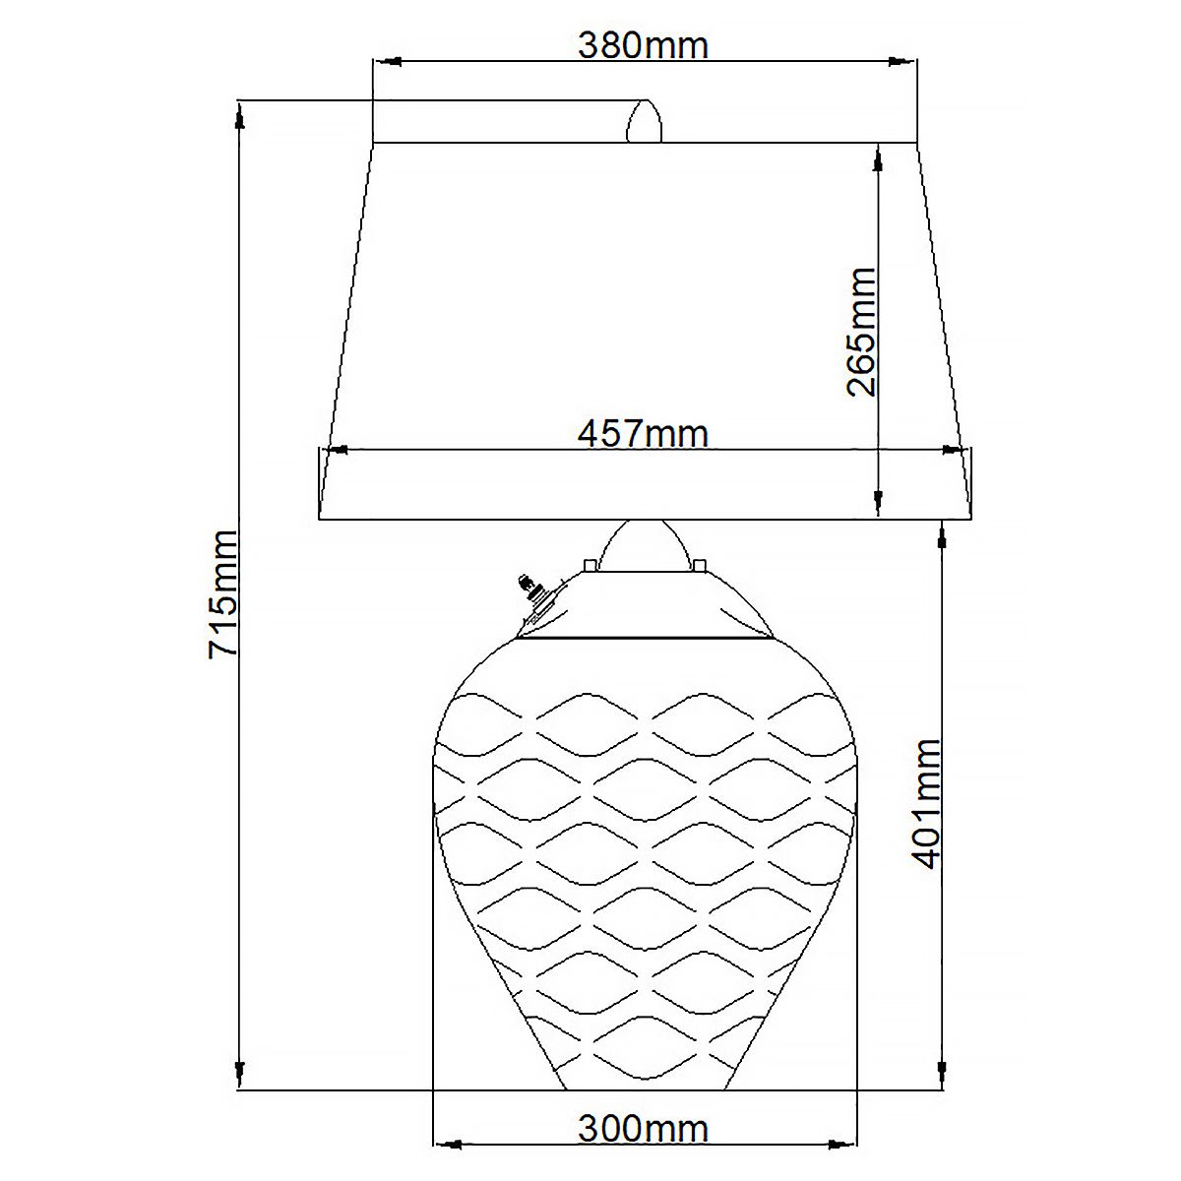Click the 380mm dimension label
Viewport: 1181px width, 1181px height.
point(643,44)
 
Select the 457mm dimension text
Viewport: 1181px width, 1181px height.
point(643,433)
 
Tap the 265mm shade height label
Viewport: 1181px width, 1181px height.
point(862,332)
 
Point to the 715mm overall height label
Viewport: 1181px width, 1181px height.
point(223,593)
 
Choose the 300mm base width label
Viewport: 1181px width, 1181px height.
point(643,1128)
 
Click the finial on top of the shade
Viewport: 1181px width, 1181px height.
point(644,122)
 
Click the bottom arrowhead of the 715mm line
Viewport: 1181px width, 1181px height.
point(239,1070)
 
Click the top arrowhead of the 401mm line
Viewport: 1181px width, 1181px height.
point(943,536)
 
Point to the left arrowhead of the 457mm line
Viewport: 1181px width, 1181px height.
point(336,450)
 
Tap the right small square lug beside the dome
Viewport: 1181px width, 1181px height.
point(699,565)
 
